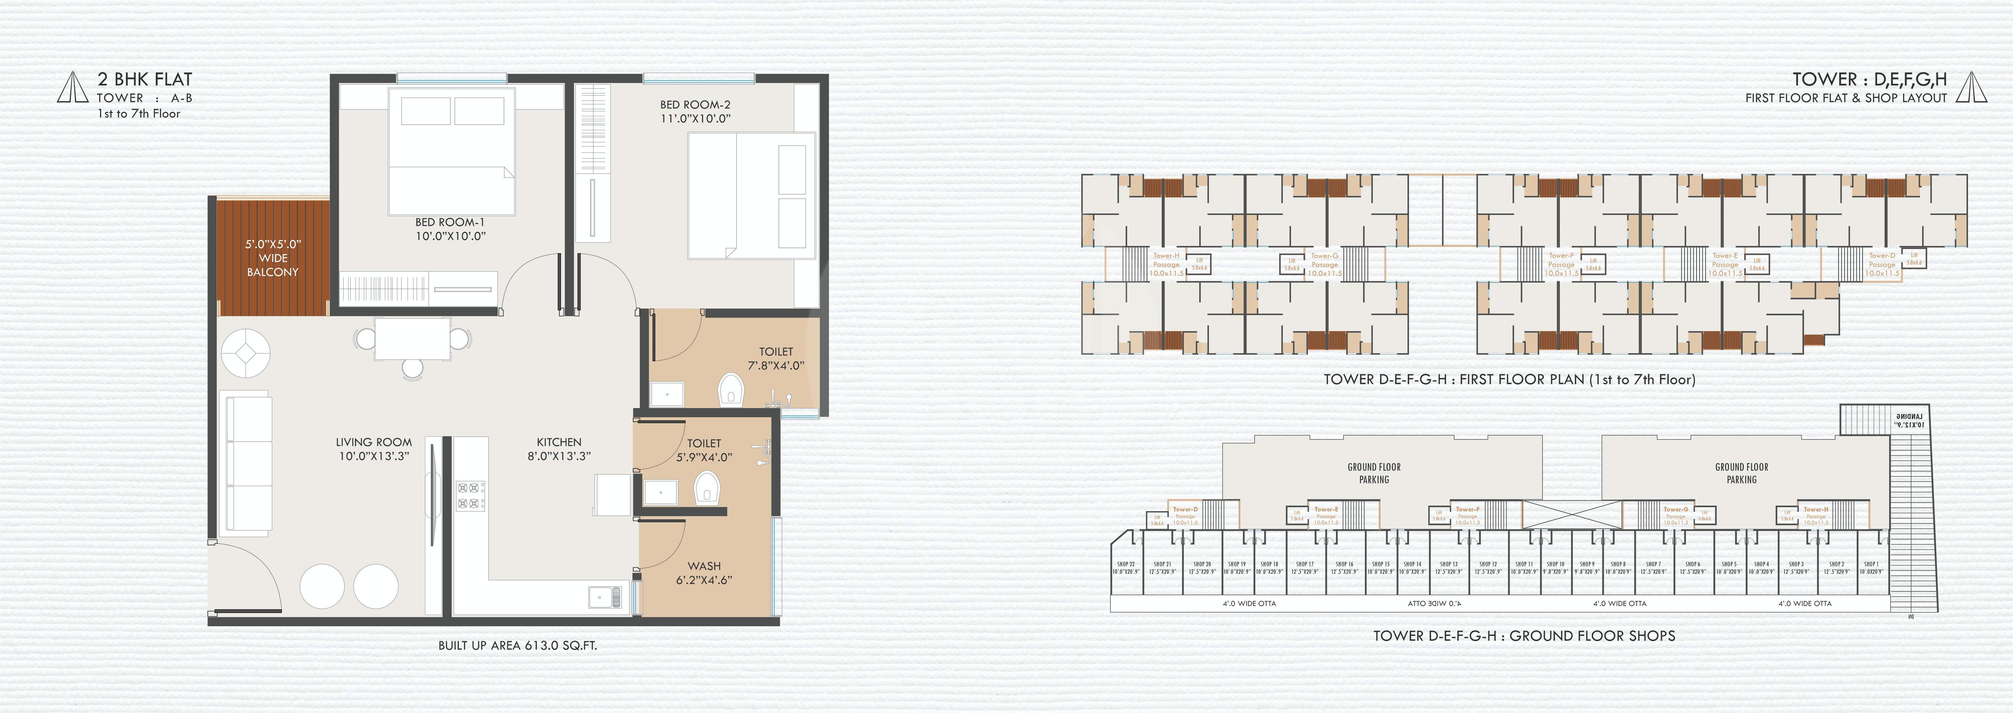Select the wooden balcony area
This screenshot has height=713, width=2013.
coord(272,258)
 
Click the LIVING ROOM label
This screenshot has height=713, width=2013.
coord(373,442)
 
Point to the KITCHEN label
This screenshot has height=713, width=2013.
coord(559,442)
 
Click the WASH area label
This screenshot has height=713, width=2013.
coord(704,566)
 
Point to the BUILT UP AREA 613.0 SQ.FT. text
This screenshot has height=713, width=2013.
coord(517,646)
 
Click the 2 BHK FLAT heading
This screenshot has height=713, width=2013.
coord(145,79)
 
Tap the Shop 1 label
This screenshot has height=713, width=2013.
coord(1871,564)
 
